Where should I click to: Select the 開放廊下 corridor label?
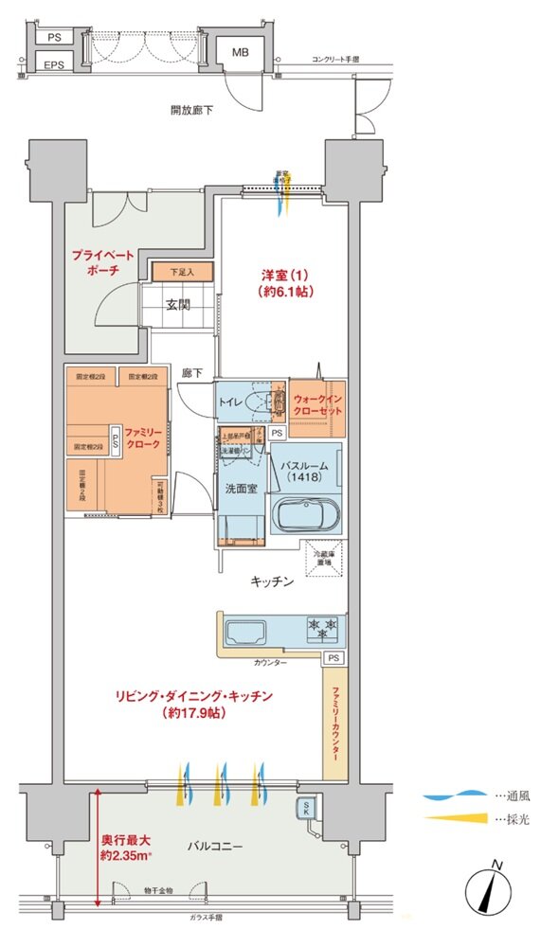point(191,110)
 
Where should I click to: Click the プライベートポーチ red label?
point(102,263)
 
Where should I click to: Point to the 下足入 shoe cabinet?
point(182,273)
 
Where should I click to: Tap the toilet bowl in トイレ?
point(255,402)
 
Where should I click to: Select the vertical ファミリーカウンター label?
point(334,725)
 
